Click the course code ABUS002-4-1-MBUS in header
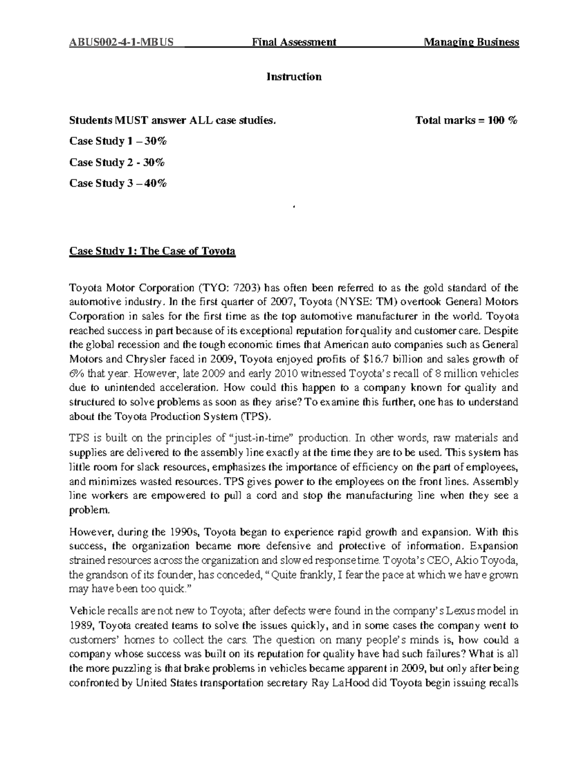coord(121,42)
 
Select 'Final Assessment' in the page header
coord(294,42)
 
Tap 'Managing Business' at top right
coord(471,42)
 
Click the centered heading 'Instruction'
coord(294,77)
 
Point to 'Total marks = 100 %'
coord(466,120)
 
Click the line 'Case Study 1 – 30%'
coord(118,141)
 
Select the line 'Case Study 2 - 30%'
coord(117,162)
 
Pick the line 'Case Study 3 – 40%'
coord(118,183)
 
